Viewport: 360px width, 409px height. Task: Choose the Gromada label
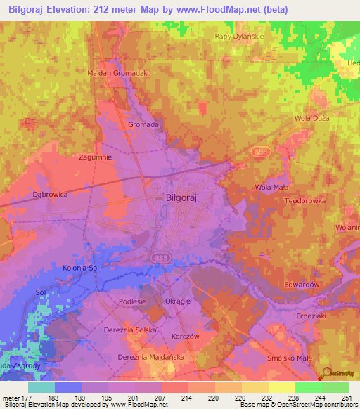pos(143,124)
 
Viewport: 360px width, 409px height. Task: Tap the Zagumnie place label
pos(96,157)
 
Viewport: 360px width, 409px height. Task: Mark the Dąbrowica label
pos(50,194)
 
